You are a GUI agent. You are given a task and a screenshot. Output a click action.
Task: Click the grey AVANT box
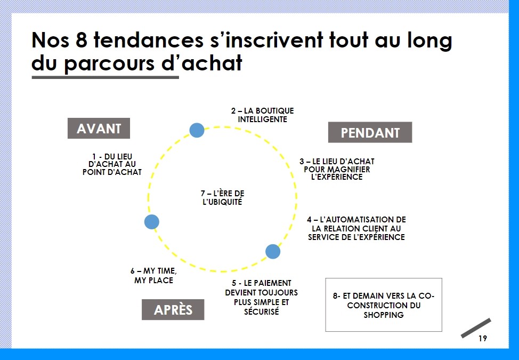point(99,128)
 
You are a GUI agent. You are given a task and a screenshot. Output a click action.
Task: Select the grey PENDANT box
point(370,132)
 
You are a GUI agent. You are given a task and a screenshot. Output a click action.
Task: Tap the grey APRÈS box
point(173,310)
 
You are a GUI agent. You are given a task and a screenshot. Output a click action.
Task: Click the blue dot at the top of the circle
point(197,130)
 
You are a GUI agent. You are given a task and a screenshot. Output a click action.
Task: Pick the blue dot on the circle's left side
point(151,221)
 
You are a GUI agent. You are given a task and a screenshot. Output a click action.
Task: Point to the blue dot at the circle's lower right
point(273,252)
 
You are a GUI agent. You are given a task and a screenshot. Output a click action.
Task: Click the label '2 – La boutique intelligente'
point(263,115)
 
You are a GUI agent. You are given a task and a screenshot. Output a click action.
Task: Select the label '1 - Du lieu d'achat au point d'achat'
point(112,164)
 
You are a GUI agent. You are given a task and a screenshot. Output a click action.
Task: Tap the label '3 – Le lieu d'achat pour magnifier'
point(337,169)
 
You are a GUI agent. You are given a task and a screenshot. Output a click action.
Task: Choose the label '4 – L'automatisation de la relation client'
point(356,228)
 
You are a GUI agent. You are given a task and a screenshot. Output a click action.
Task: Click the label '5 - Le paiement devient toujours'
point(262,298)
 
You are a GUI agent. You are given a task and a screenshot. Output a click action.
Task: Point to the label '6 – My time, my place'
point(153,276)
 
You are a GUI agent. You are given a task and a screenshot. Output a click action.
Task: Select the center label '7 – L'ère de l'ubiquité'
point(222,198)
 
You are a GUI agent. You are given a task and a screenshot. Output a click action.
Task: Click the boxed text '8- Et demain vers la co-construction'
point(384,305)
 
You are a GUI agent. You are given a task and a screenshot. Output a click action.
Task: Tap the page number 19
point(483,339)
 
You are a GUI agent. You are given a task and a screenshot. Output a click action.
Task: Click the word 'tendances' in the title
point(149,40)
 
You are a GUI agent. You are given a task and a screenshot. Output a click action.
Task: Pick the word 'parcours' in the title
point(109,63)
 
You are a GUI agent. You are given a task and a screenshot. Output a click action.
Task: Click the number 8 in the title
point(82,40)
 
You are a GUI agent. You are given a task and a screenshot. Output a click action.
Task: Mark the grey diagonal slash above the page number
point(476,328)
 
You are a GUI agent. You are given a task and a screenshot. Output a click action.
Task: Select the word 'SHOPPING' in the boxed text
point(384,315)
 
